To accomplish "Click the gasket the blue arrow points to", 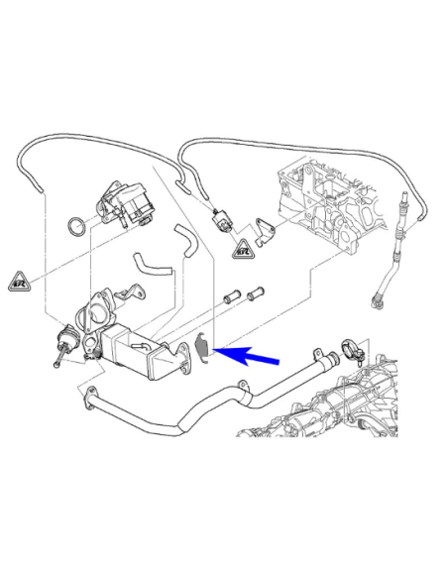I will click(x=204, y=346).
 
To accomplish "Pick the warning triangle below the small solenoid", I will click(x=241, y=249).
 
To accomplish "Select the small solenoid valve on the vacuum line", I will click(x=224, y=217).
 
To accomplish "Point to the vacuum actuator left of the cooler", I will click(x=65, y=343).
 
